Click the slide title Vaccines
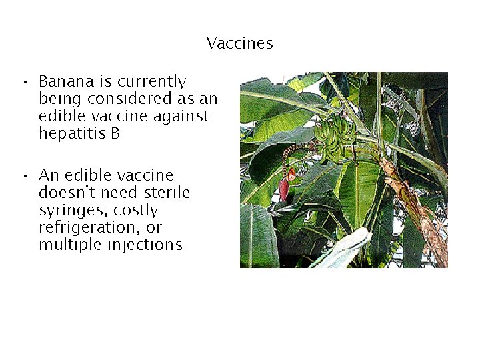click(240, 44)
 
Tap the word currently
click(151, 82)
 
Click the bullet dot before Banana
click(23, 83)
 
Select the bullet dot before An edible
click(23, 177)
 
